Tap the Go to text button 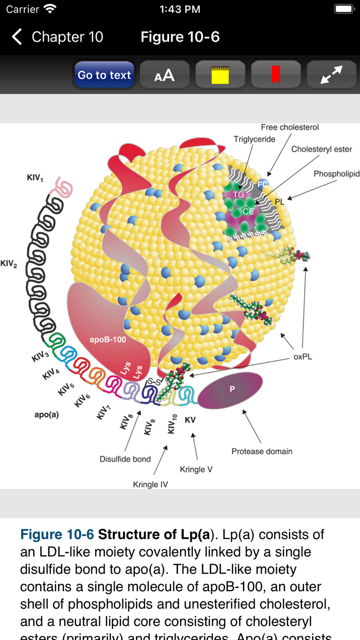coord(104,75)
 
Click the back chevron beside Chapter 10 coord(17,37)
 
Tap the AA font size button coord(165,75)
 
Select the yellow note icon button coord(220,75)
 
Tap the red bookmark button coord(276,75)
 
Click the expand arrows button coord(331,75)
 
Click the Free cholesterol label coord(290,127)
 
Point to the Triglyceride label coord(255,139)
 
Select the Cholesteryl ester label coord(321,149)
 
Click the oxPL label coord(303,357)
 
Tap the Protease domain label coord(262,451)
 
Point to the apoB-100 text coord(107,340)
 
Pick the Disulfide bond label coord(125,459)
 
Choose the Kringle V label coord(196,469)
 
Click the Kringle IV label coord(150,484)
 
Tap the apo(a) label coord(47,414)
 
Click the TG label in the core coord(238,194)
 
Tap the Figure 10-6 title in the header coord(180,37)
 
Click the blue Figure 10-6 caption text coord(57,535)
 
